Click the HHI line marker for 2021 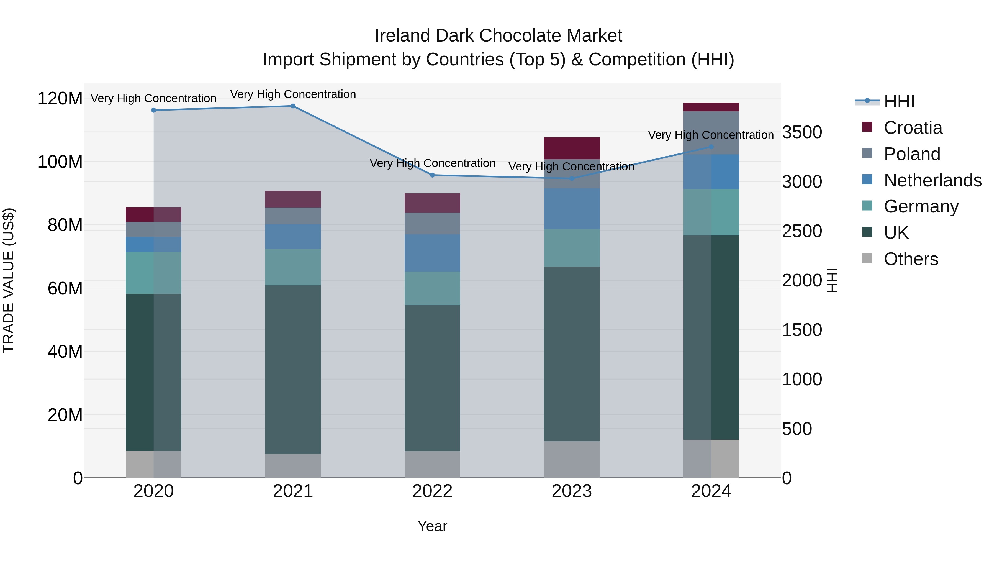(x=293, y=106)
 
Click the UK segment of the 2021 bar (x=293, y=370)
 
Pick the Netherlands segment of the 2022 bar (x=432, y=253)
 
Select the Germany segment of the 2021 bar (x=293, y=267)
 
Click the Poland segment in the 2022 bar (x=432, y=223)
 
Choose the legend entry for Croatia (x=913, y=128)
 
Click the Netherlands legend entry (x=932, y=180)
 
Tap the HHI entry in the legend (x=899, y=101)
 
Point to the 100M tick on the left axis (x=60, y=162)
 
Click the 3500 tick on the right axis (x=802, y=132)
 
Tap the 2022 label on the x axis (x=432, y=491)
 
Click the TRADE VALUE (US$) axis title (x=9, y=280)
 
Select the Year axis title (x=432, y=526)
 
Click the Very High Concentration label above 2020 (x=154, y=98)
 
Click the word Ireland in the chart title (x=402, y=36)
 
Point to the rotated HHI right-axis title (x=832, y=280)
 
